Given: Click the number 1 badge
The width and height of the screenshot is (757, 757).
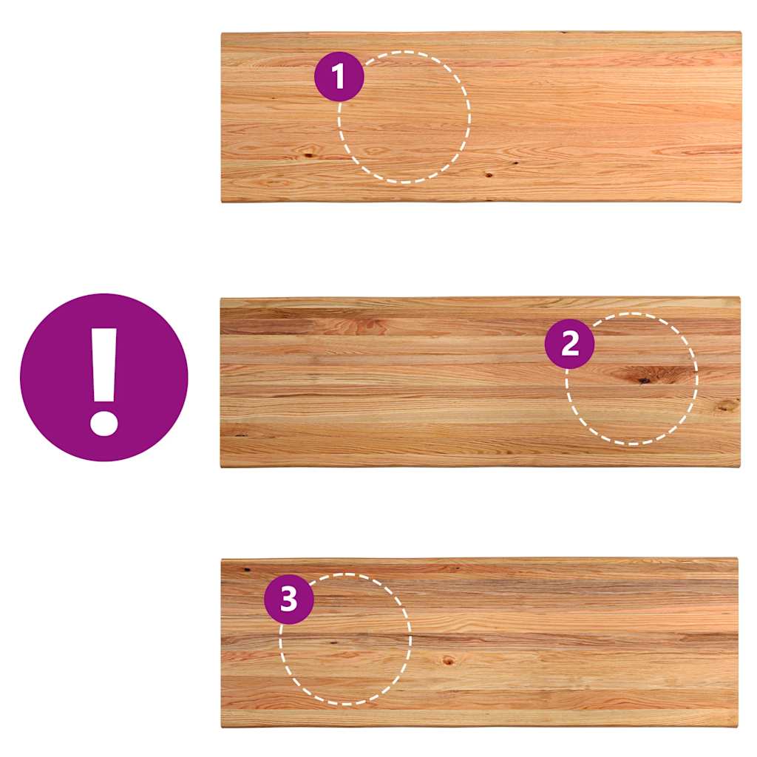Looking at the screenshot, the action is tap(339, 76).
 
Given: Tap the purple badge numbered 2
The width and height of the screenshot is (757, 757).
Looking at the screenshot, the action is tap(570, 344).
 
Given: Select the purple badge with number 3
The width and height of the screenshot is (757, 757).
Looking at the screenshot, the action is tap(289, 600).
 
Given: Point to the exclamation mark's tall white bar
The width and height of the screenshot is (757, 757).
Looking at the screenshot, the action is tap(104, 366).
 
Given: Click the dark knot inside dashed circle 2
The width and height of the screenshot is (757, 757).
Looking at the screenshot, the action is tap(644, 381).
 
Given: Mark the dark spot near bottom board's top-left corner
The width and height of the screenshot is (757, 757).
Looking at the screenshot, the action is tap(247, 570).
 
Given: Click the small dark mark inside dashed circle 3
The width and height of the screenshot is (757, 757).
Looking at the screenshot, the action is tap(333, 642).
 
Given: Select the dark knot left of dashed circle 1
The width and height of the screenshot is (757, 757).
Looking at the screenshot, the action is tap(308, 155).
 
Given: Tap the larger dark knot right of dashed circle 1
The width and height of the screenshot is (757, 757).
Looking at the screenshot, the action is tap(489, 174).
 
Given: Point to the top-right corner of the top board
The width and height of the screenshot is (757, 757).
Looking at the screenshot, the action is tap(741, 33).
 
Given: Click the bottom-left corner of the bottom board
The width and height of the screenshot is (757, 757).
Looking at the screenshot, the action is tap(222, 727).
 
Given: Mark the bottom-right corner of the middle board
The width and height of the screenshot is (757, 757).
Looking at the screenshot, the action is tap(739, 466).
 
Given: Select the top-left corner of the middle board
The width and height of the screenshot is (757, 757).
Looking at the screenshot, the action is tap(220, 299).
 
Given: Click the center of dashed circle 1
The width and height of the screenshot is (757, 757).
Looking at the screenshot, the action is tap(404, 117).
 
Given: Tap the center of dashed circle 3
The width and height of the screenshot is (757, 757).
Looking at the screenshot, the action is tap(346, 639).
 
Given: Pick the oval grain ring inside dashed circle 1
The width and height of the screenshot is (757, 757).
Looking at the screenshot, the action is tap(374, 151).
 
